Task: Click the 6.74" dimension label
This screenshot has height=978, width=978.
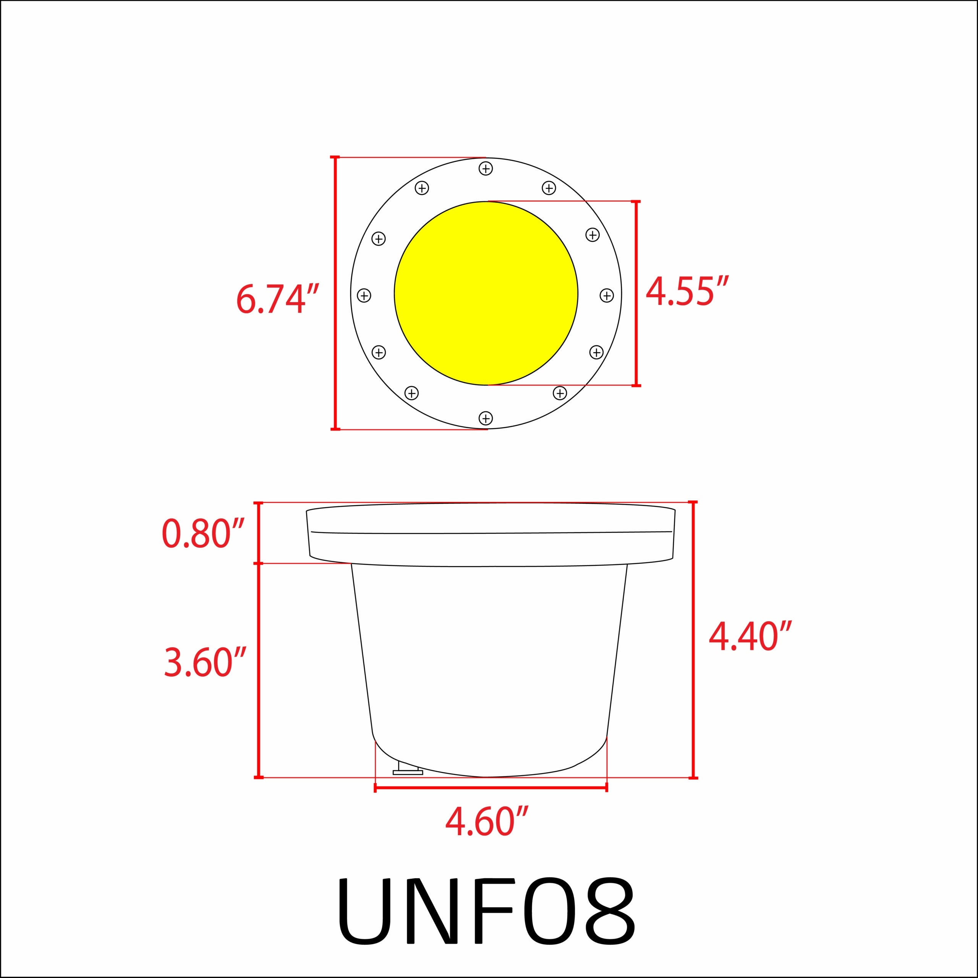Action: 277,299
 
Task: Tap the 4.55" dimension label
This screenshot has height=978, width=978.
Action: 687,292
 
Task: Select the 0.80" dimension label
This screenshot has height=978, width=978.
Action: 203,534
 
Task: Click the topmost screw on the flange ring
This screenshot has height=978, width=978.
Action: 486,168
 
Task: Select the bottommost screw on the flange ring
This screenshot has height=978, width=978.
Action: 486,418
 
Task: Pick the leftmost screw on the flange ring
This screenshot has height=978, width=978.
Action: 364,295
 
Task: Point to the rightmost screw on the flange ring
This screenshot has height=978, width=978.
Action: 606,295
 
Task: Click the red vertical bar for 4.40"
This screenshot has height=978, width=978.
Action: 693,640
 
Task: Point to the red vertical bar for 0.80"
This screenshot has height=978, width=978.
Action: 259,533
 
